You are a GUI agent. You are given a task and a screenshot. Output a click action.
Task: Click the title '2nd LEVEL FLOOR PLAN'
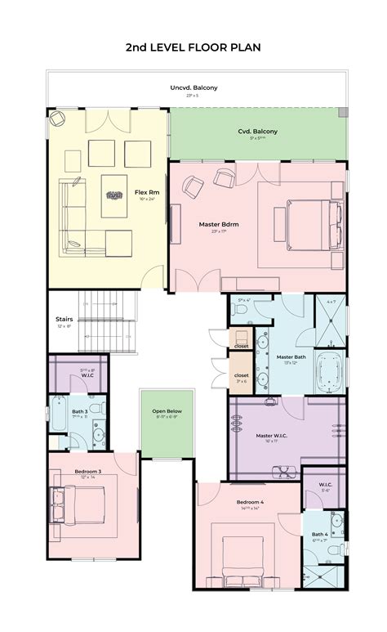click(x=193, y=47)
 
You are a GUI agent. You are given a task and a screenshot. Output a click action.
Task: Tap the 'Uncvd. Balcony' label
click(x=193, y=87)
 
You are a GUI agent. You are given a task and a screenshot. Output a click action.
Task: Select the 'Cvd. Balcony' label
click(x=257, y=132)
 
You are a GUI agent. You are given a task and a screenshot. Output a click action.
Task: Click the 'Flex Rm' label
click(x=147, y=193)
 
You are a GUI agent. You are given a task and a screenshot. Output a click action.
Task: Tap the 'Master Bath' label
click(x=290, y=357)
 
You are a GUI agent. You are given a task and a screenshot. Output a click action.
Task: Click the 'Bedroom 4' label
click(x=251, y=501)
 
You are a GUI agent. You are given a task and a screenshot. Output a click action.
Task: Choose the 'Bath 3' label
click(x=79, y=411)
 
